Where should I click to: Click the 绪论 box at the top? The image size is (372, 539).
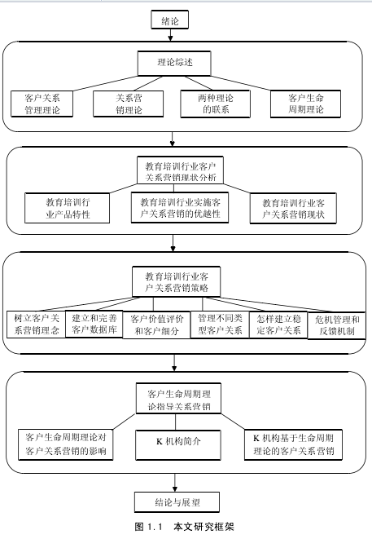(170, 20)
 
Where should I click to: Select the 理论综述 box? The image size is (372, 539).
(174, 64)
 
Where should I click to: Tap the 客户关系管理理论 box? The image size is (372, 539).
(42, 104)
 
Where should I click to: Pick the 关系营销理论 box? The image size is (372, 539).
(129, 104)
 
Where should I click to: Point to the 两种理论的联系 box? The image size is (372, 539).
(216, 104)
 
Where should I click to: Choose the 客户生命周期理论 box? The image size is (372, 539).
(306, 104)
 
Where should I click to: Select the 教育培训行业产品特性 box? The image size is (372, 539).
(68, 208)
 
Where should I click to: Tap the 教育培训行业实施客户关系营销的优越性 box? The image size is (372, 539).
(180, 208)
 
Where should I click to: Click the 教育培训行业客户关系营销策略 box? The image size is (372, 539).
(177, 281)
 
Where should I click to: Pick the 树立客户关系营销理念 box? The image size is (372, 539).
(36, 325)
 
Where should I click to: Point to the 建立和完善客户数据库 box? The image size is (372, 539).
(94, 325)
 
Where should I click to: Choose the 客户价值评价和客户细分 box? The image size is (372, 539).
(156, 325)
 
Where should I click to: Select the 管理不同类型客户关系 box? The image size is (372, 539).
(220, 325)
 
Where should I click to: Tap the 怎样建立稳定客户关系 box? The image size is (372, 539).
(278, 325)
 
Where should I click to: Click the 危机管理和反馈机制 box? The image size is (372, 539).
(337, 326)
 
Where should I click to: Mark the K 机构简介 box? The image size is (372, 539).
(178, 444)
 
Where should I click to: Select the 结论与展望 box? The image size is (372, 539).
(177, 502)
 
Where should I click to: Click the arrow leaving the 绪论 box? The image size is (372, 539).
(170, 35)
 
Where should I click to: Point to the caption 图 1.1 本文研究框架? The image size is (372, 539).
(184, 527)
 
